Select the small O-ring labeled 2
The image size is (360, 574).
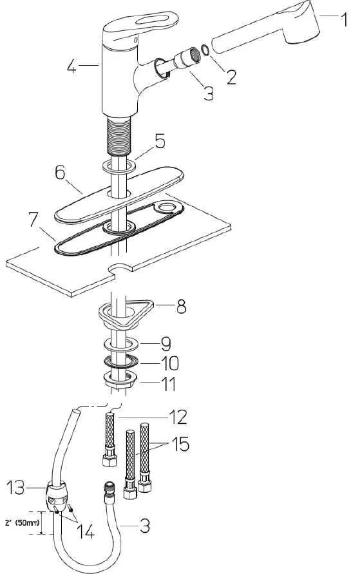(204, 49)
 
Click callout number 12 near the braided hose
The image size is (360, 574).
(178, 417)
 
